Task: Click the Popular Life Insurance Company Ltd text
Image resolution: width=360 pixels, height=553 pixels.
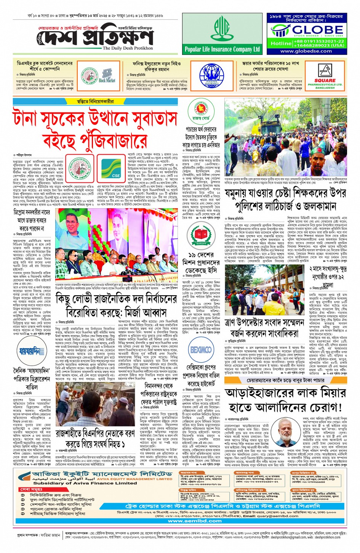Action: point(222,49)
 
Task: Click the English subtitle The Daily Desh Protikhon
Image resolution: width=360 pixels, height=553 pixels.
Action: point(128,48)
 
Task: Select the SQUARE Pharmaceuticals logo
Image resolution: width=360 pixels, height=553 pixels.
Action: point(325,76)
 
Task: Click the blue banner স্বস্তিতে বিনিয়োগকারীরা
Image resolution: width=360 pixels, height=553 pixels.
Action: point(95,102)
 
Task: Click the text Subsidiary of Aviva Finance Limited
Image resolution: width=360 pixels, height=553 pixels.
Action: point(80,483)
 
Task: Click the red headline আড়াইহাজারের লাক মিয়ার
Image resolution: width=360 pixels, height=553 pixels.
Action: point(285,392)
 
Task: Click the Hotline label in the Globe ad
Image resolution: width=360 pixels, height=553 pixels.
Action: point(281,43)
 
